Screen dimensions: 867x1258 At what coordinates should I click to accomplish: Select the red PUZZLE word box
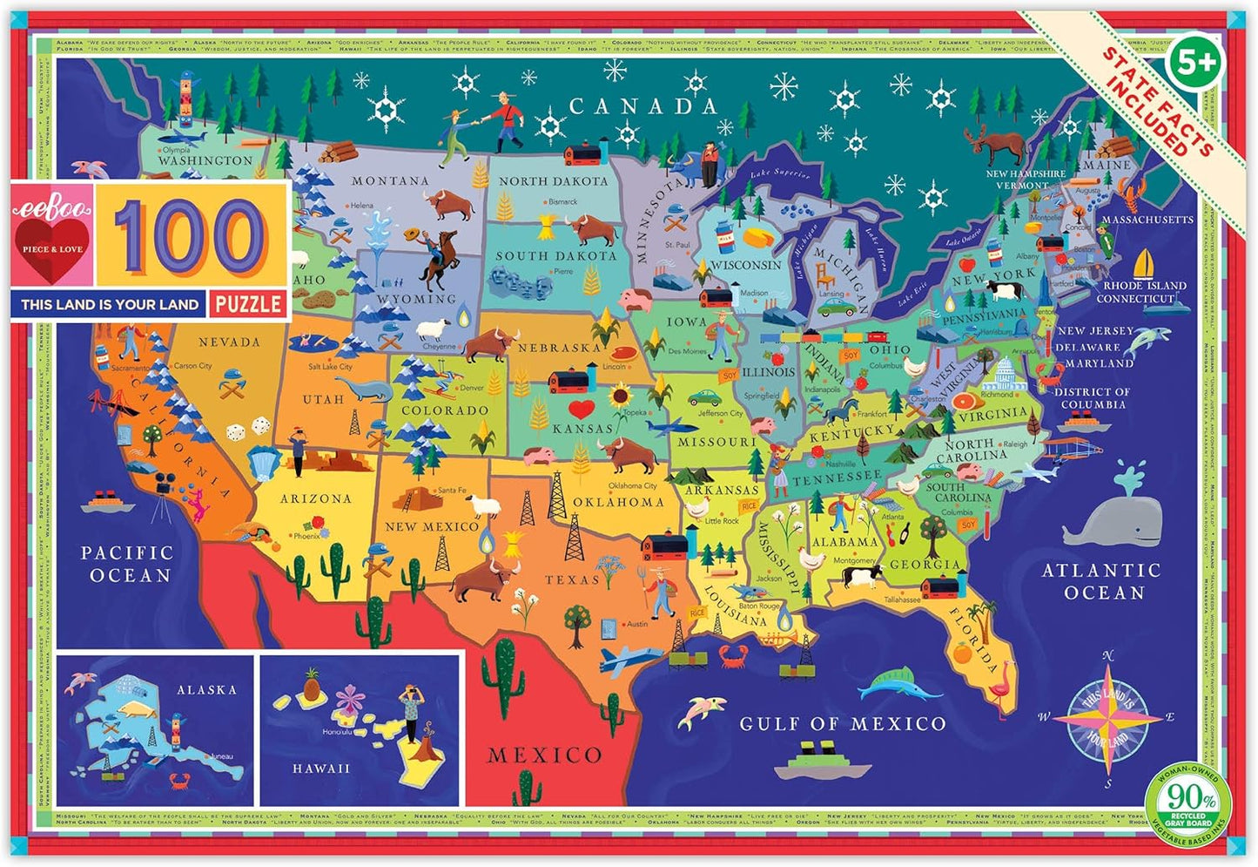click(x=248, y=304)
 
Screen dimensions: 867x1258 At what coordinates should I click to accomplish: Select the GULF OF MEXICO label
click(x=842, y=723)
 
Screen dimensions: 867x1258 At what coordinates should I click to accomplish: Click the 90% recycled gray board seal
click(x=1192, y=799)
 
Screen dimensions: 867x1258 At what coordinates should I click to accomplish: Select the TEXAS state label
click(x=572, y=579)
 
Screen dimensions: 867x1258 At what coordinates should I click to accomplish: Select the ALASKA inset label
click(x=206, y=690)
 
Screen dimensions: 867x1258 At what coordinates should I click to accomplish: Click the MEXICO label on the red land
click(x=544, y=755)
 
